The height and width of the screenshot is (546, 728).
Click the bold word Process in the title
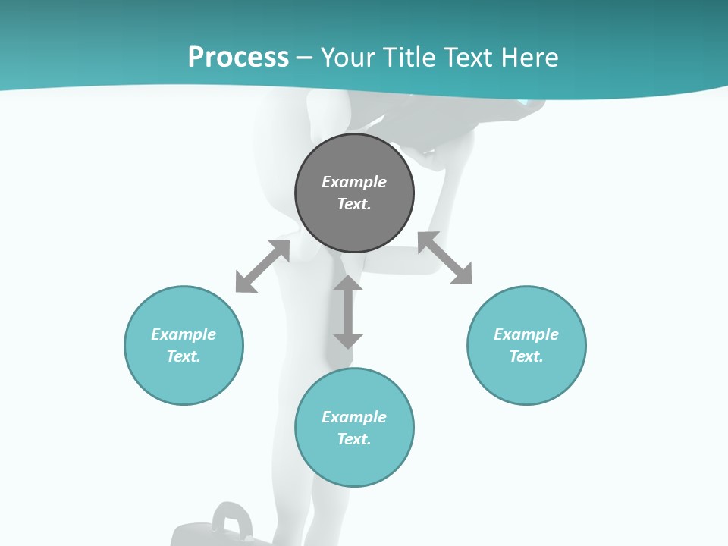(238, 57)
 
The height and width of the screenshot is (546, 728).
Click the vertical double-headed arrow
(348, 312)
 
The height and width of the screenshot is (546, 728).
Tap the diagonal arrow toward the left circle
(262, 266)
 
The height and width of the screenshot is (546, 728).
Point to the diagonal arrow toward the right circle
(445, 258)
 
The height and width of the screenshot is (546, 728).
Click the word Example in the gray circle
(354, 182)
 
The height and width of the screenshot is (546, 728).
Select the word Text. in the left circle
(184, 356)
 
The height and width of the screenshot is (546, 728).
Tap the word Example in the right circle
(526, 334)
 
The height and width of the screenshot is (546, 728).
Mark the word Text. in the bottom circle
(354, 439)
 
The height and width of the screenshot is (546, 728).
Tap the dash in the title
(305, 58)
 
